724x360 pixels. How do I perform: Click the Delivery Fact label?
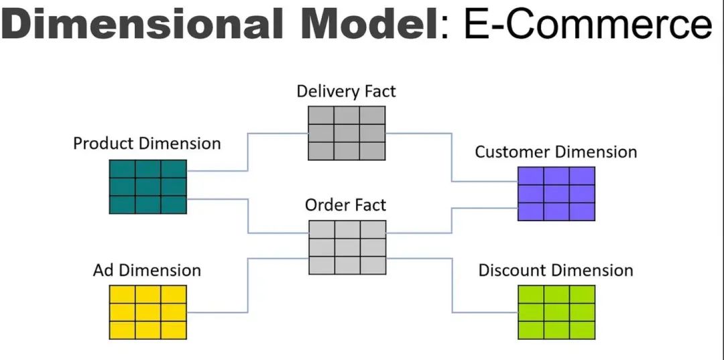tap(346, 91)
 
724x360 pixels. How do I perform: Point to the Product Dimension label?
tap(147, 143)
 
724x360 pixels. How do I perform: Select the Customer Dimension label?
tap(556, 152)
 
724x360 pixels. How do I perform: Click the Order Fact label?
tap(345, 204)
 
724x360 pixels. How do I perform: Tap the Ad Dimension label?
tap(147, 270)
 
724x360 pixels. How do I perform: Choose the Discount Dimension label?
tap(556, 270)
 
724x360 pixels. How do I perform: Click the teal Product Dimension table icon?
tap(147, 186)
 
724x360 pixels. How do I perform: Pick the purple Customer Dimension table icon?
tap(556, 194)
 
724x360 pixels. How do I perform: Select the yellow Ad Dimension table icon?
tap(147, 312)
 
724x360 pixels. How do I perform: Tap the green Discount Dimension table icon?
tap(556, 312)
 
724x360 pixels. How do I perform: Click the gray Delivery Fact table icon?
tap(347, 133)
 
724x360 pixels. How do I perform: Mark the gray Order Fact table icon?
tap(347, 247)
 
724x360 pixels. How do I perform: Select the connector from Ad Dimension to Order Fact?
tap(248, 285)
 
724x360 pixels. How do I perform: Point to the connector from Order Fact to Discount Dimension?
tap(452, 285)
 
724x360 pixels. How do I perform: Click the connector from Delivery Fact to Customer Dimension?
tap(452, 157)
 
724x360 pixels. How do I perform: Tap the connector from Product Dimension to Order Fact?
tap(248, 216)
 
